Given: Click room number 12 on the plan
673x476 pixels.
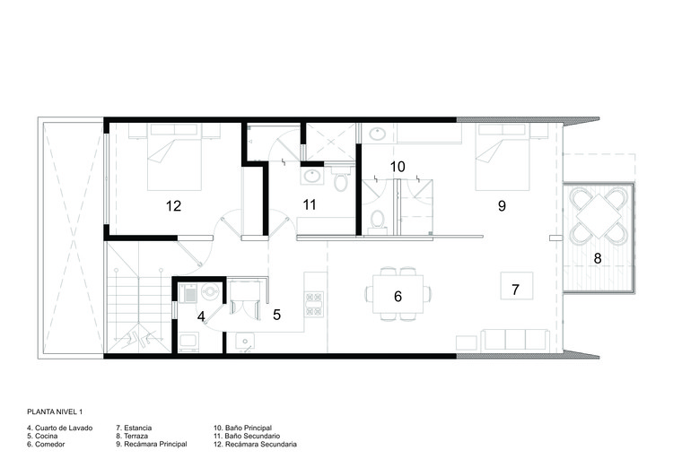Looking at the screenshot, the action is [174, 206].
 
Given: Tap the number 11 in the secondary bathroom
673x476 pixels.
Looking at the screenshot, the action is [310, 205].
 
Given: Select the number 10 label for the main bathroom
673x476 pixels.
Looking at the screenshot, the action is [398, 167].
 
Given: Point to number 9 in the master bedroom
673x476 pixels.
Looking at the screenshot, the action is [502, 206].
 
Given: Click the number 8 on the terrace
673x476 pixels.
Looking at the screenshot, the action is [598, 258].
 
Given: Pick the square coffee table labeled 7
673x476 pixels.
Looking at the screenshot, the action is [517, 286].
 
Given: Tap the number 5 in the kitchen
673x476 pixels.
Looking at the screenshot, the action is [277, 315].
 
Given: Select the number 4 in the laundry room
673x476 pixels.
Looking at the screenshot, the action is [201, 317].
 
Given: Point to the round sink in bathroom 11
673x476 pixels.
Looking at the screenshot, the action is [310, 176].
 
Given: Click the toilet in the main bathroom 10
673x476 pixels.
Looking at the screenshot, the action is [377, 220].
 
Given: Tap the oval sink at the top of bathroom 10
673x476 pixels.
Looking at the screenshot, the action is [378, 134].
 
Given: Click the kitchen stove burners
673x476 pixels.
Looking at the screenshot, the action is [314, 304].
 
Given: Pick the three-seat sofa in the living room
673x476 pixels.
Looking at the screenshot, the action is [515, 340].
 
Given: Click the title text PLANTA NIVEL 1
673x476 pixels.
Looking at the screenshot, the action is [55, 412].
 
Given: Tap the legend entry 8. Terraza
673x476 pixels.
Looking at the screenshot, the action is [132, 437].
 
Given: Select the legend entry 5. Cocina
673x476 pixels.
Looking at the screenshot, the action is [42, 437].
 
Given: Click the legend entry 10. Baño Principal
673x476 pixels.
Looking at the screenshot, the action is [242, 428].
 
